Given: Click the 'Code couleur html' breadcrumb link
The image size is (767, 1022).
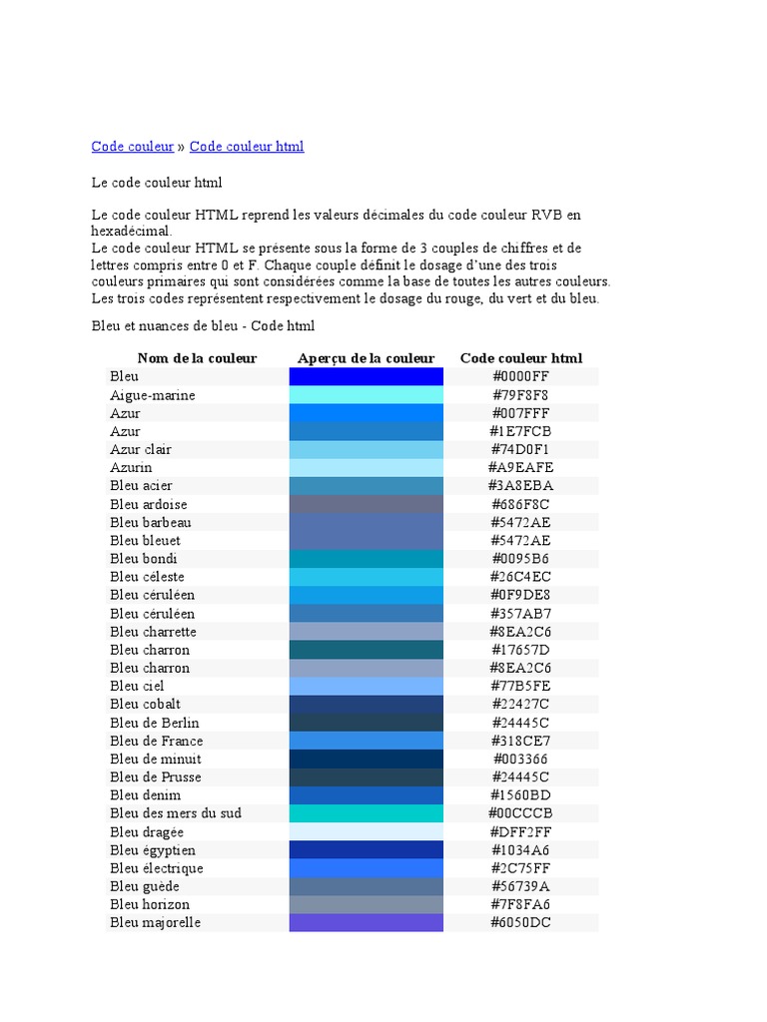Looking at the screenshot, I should pyautogui.click(x=247, y=147).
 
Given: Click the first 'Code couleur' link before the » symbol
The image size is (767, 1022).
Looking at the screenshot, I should pyautogui.click(x=133, y=147).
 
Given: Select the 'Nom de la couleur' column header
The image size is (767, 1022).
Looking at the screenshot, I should pyautogui.click(x=197, y=358).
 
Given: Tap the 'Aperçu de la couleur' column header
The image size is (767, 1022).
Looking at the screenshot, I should pyautogui.click(x=366, y=358).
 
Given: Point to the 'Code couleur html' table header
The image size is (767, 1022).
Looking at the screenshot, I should pyautogui.click(x=520, y=358).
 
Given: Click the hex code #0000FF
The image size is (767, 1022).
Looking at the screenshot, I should pyautogui.click(x=520, y=376).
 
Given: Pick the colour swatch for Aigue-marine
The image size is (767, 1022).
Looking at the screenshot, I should pyautogui.click(x=366, y=395).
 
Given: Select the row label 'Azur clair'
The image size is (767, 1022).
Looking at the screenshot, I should pyautogui.click(x=141, y=449).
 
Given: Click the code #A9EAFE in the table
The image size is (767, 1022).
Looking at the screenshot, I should pyautogui.click(x=520, y=467).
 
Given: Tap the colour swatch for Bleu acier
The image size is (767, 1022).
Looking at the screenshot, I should pyautogui.click(x=366, y=486).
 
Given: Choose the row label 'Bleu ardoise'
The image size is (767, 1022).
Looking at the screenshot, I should pyautogui.click(x=149, y=504).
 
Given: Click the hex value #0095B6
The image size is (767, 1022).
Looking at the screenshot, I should pyautogui.click(x=520, y=559).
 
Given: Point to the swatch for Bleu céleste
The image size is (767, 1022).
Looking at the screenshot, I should pyautogui.click(x=366, y=577).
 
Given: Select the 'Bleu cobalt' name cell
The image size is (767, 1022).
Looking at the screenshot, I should pyautogui.click(x=146, y=704).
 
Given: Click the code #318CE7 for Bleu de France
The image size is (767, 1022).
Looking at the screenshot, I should pyautogui.click(x=520, y=741).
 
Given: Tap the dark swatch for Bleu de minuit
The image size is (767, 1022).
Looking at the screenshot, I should pyautogui.click(x=366, y=759).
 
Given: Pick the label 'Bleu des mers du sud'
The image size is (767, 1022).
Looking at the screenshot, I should pyautogui.click(x=176, y=813).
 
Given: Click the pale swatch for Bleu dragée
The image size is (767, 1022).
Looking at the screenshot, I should pyautogui.click(x=366, y=831).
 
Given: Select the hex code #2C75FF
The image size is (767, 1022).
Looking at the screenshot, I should pyautogui.click(x=520, y=868).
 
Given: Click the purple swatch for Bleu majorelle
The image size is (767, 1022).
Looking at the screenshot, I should pyautogui.click(x=366, y=922).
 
